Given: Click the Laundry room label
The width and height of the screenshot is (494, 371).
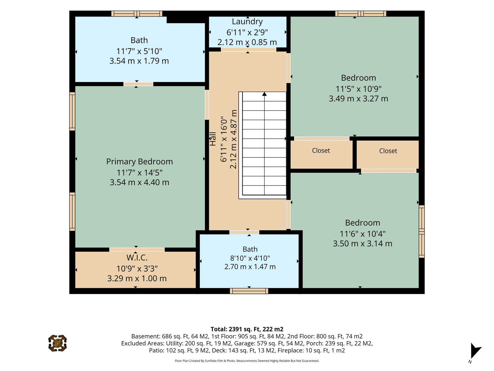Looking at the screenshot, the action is (247, 22).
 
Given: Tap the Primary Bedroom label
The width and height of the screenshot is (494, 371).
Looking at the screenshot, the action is (139, 161).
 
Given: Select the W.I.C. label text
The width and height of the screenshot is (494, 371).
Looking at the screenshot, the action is (137, 258).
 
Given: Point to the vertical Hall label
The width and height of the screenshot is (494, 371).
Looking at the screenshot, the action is (213, 139).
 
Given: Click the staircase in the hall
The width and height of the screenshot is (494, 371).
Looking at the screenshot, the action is (263, 145).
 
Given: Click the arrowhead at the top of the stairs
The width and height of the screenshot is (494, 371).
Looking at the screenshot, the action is (264, 94).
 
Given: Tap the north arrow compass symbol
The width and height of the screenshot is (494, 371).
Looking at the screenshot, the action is (475, 351).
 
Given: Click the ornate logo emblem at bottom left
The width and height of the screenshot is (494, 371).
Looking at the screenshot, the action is (58, 343).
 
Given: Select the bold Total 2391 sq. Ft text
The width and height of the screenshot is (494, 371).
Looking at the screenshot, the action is (247, 329).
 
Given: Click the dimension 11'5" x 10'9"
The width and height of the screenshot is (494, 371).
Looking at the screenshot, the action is (358, 88).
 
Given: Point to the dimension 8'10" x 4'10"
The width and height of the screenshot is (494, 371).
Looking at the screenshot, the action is (250, 258).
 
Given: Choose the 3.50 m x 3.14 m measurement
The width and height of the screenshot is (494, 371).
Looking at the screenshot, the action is (362, 244).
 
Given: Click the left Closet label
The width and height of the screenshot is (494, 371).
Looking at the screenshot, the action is (321, 150).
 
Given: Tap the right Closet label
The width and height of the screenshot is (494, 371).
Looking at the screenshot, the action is (388, 151).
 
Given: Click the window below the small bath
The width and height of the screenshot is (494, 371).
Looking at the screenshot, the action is (249, 291).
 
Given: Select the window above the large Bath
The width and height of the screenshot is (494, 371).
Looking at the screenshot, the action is (137, 14).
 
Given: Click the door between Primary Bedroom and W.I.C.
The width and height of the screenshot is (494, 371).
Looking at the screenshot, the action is (137, 250).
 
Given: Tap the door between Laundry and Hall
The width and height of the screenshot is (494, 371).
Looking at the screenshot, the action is (248, 50).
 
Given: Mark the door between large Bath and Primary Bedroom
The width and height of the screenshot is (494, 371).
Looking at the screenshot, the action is (138, 84).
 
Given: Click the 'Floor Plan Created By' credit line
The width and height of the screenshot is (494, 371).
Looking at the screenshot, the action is (247, 361).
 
